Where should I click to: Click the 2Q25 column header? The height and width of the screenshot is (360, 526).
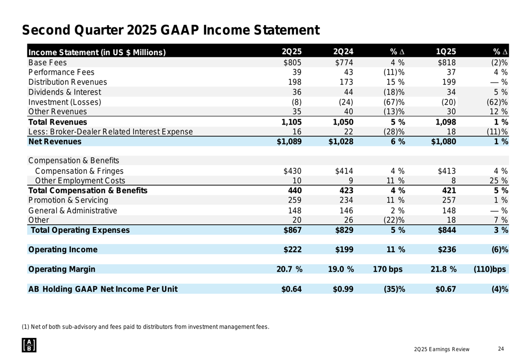point(291,52)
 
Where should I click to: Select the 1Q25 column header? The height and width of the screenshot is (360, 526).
point(446,52)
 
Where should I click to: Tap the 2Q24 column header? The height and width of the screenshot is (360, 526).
point(343,52)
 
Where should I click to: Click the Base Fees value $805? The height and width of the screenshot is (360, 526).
point(292,63)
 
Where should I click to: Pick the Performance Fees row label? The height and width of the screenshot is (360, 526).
point(61,72)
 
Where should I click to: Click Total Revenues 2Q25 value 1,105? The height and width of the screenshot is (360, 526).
point(289,122)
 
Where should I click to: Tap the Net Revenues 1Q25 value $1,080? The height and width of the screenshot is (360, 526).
point(443,142)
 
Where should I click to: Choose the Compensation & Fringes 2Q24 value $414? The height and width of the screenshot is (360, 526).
point(344,171)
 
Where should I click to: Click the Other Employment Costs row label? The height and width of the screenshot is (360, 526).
point(79,181)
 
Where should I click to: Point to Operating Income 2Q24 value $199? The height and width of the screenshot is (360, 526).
point(344,250)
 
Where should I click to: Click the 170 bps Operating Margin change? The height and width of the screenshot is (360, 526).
point(387,270)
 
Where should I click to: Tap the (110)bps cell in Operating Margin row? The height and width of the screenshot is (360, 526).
point(490,270)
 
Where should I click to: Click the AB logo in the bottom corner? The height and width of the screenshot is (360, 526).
point(29,345)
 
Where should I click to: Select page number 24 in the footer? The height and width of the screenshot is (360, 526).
point(500,349)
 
